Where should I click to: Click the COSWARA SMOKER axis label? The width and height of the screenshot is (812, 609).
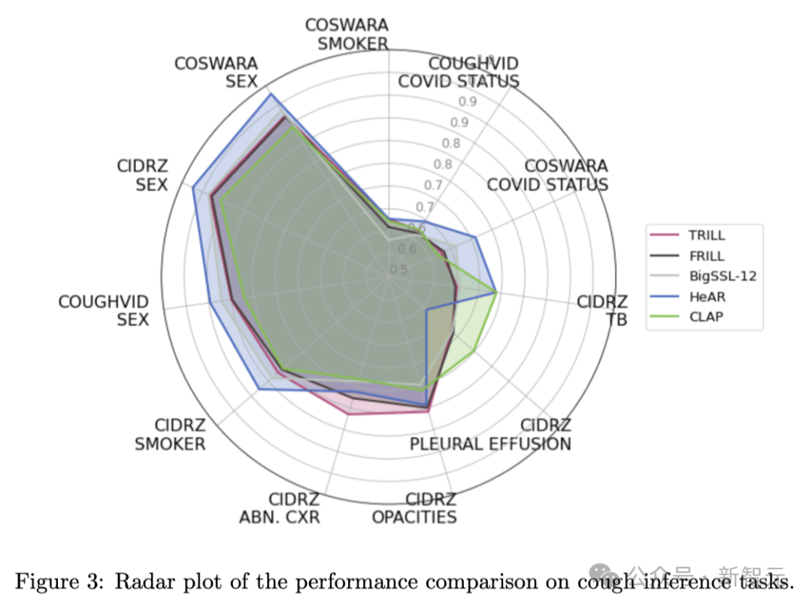click(347, 35)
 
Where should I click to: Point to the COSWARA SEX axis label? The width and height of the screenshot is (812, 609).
click(217, 72)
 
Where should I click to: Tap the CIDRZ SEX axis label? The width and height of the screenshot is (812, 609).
click(142, 175)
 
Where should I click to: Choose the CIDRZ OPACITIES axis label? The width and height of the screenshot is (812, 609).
click(414, 508)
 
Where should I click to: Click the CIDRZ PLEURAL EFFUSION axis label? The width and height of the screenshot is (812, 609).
click(490, 435)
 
